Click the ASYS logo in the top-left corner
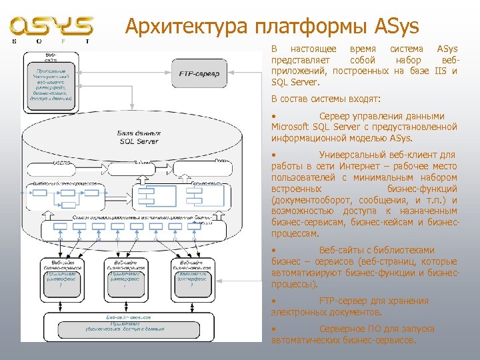(x=51, y=29)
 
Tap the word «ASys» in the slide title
(x=397, y=27)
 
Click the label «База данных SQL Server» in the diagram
(x=139, y=137)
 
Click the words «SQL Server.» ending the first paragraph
(x=296, y=83)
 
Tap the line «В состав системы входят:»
(x=326, y=99)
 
